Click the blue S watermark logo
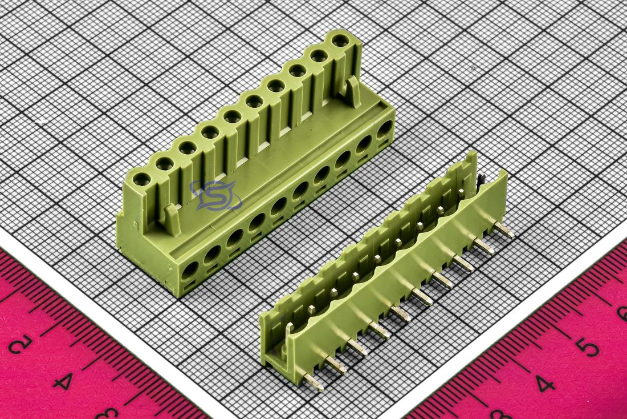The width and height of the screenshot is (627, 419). click(x=217, y=195)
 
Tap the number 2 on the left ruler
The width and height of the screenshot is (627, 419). click(x=20, y=344)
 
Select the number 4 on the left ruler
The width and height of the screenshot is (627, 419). click(x=64, y=380)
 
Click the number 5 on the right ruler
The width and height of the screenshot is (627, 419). click(x=589, y=346)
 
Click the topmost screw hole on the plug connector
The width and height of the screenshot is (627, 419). click(x=340, y=41)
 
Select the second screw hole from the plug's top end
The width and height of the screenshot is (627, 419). click(x=319, y=56)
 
